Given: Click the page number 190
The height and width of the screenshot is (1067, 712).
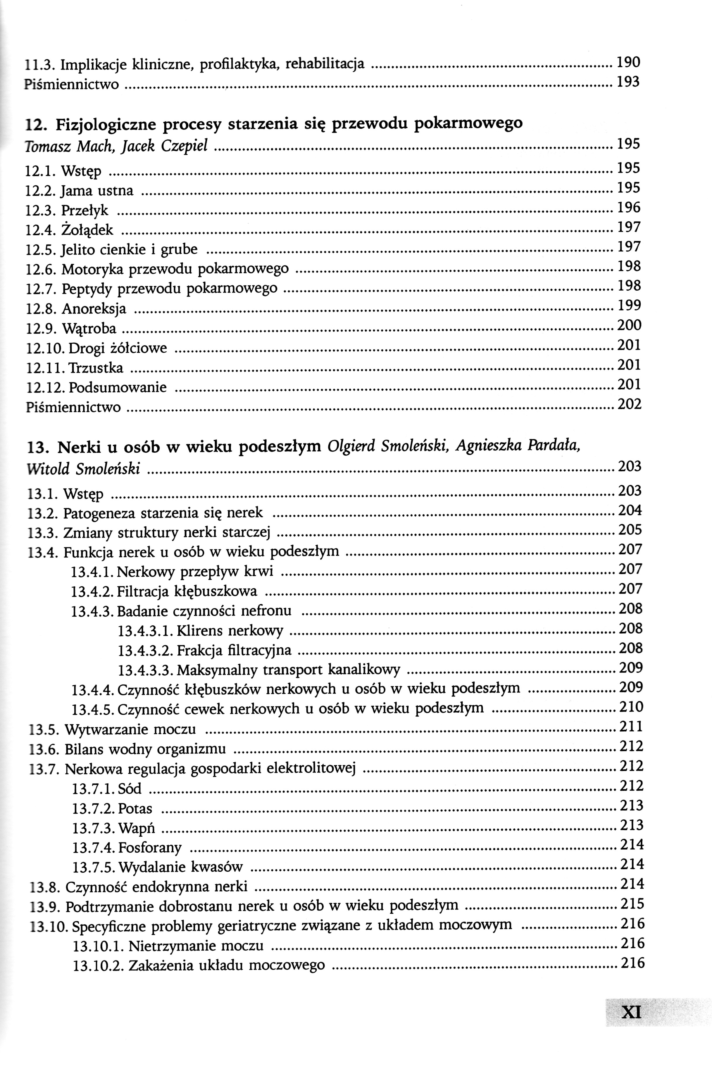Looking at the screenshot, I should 628,62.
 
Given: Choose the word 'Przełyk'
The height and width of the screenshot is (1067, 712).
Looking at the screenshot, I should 85,210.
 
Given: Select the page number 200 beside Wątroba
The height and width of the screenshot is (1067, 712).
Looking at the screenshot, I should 629,325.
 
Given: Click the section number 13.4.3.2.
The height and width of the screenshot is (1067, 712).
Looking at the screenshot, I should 145,651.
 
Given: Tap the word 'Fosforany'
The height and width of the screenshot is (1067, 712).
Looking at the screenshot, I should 150,848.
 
